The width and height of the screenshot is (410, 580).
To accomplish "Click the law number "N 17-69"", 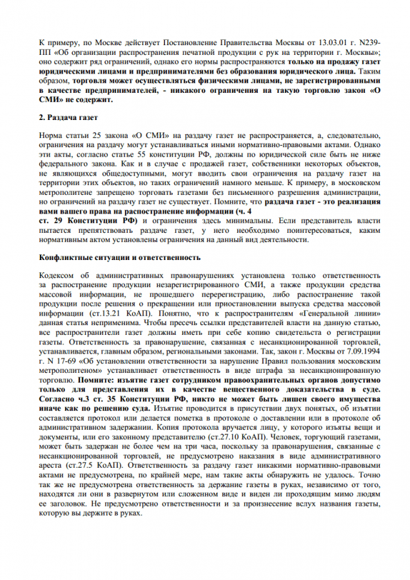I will (55, 364).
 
